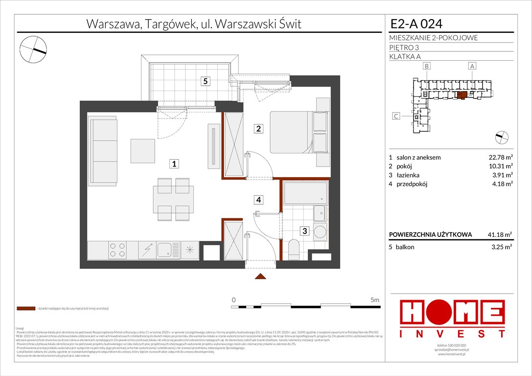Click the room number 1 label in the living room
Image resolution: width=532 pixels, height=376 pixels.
click(174, 164)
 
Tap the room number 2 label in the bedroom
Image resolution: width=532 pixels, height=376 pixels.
click(258, 129)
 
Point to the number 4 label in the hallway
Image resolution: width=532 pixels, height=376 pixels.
click(258, 199)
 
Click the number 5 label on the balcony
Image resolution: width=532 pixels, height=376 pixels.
click(207, 82)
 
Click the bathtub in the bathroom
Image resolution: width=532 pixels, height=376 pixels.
click(304, 193)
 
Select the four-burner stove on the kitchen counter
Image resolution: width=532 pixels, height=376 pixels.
click(116, 250)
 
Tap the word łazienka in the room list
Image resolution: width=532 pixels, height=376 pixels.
click(408, 175)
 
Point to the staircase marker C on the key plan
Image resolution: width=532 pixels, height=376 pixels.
click(397, 116)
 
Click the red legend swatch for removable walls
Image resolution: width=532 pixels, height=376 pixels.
click(25, 308)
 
